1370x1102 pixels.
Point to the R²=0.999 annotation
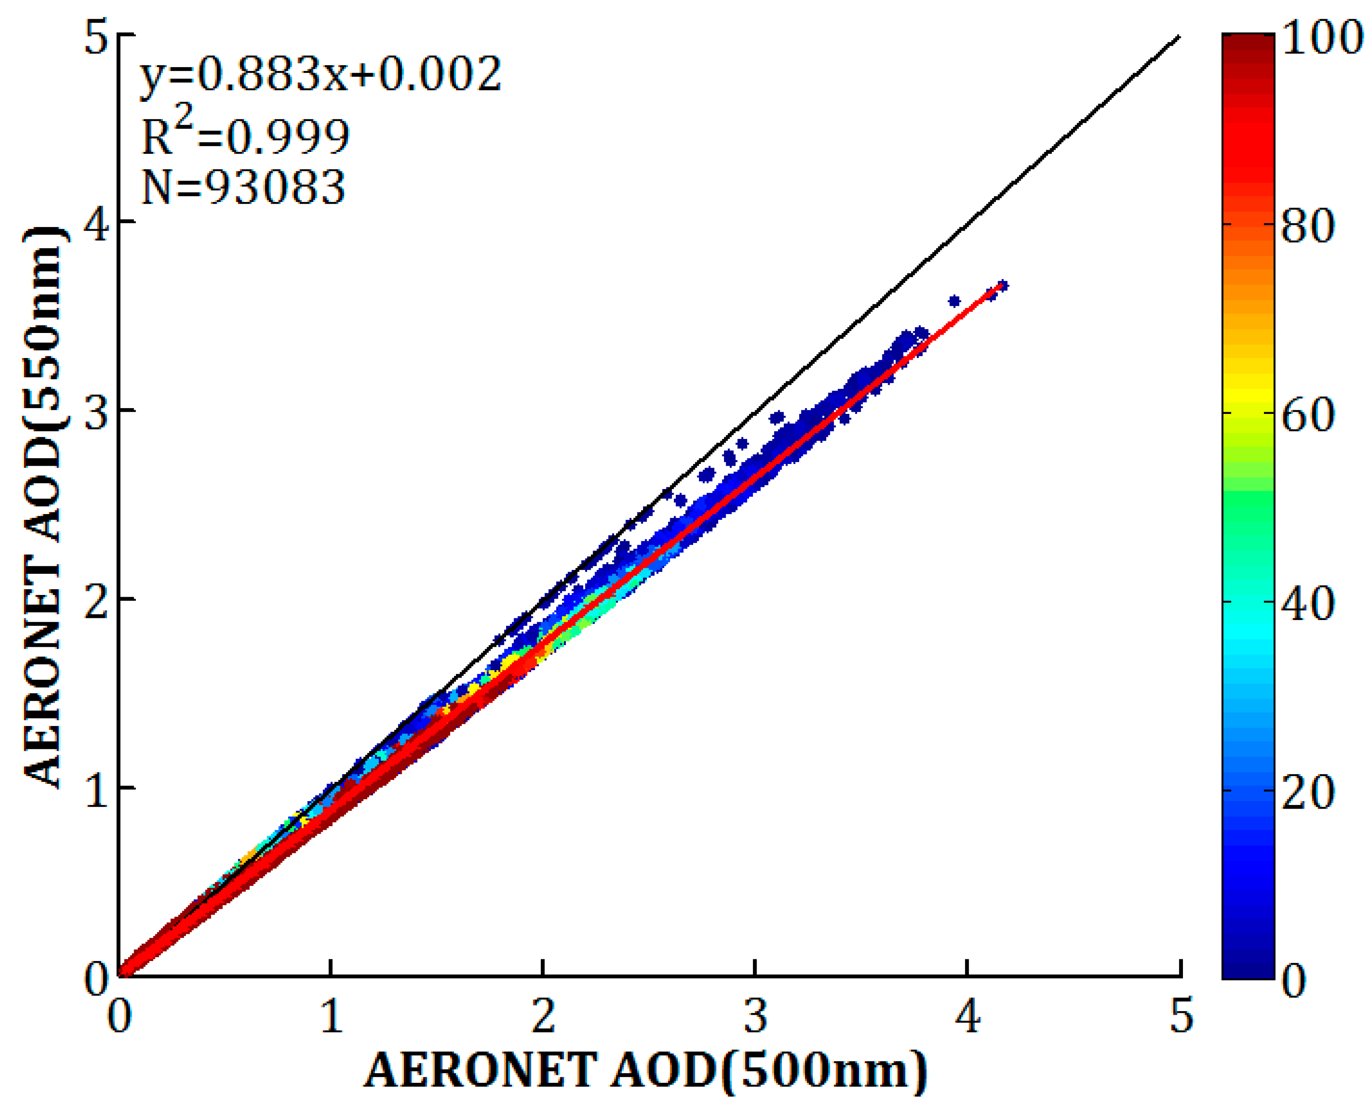(x=245, y=135)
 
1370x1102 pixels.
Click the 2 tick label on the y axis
(x=96, y=600)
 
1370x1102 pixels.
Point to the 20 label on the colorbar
(x=1308, y=792)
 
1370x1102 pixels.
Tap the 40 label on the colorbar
(x=1308, y=603)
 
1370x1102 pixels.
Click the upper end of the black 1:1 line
(x=1179, y=36)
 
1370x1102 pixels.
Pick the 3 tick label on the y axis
(x=96, y=411)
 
